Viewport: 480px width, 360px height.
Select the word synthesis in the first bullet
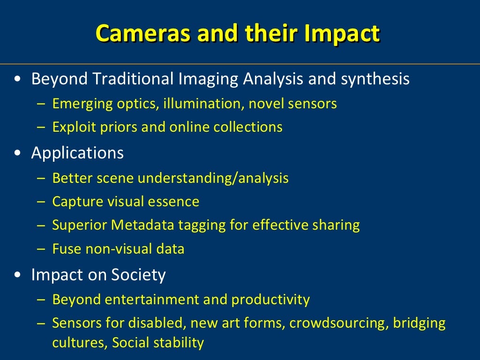pos(375,79)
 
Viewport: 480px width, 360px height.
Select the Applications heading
pos(77,153)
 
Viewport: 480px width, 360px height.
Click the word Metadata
pos(142,225)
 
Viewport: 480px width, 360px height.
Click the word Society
pos(138,275)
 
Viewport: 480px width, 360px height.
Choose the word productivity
pos(270,300)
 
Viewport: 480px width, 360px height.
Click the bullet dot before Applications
pos(17,153)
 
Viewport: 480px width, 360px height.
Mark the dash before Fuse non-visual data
pos(41,249)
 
